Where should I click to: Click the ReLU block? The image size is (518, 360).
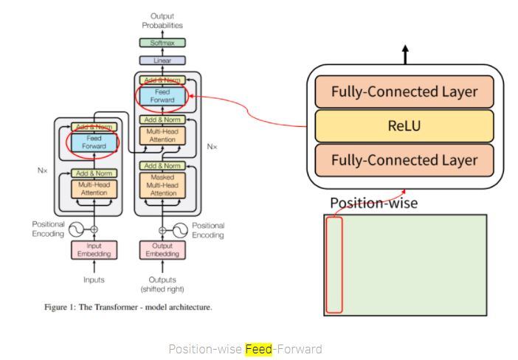pyautogui.click(x=404, y=125)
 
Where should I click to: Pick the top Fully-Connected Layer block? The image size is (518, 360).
pyautogui.click(x=404, y=92)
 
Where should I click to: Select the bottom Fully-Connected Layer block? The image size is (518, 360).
pyautogui.click(x=404, y=159)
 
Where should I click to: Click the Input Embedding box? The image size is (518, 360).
pyautogui.click(x=94, y=250)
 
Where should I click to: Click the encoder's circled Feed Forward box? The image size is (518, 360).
pyautogui.click(x=94, y=142)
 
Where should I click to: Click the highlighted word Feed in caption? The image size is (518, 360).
pyautogui.click(x=259, y=348)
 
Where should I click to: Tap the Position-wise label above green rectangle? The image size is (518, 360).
pyautogui.click(x=373, y=202)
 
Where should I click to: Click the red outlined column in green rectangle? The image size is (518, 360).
pyautogui.click(x=334, y=265)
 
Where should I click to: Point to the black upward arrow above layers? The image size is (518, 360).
pyautogui.click(x=404, y=54)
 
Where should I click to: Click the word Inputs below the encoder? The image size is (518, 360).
pyautogui.click(x=94, y=280)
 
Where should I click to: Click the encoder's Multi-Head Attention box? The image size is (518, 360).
pyautogui.click(x=94, y=187)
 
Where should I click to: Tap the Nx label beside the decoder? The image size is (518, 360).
pyautogui.click(x=212, y=147)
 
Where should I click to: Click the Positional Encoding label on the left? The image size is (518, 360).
pyautogui.click(x=49, y=229)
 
